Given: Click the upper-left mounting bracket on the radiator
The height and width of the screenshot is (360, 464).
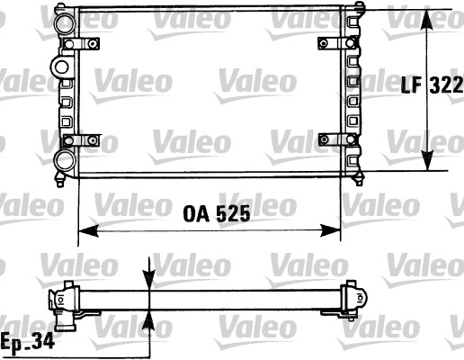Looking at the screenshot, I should tap(79, 43).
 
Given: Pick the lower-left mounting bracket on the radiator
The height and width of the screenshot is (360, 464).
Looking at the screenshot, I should tap(79, 139).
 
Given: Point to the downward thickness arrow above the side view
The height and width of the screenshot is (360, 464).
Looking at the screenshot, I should tap(149, 275).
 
